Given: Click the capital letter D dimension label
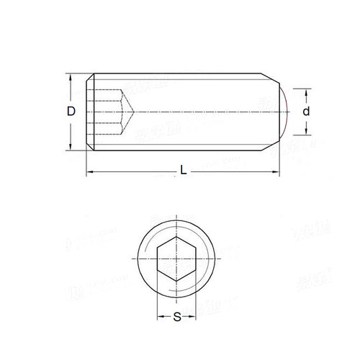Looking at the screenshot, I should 71,111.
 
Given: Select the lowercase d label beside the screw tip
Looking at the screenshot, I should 307,112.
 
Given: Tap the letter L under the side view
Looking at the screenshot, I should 184,171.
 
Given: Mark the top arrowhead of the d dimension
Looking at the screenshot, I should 307,91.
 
